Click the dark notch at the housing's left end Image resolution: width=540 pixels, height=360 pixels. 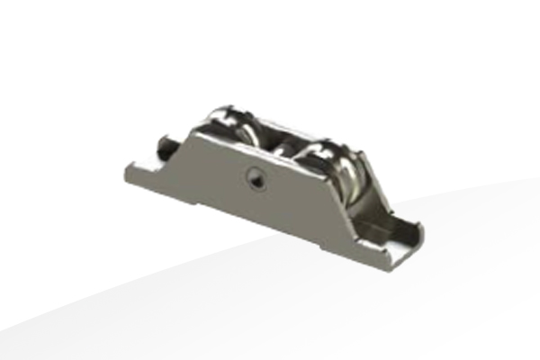(166, 144)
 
